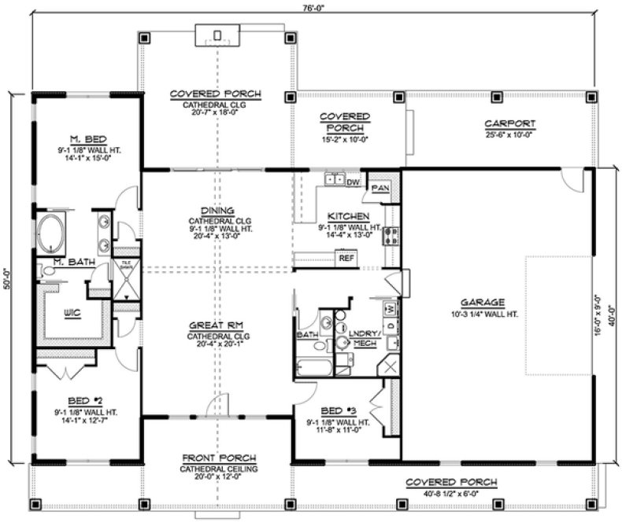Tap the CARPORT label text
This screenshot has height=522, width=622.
coord(509,123)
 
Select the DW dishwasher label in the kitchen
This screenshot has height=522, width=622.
coord(353,182)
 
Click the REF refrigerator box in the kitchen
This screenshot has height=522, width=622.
coord(345,257)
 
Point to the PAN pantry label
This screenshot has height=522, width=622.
coord(379,189)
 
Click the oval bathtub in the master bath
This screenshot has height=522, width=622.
coord(52,232)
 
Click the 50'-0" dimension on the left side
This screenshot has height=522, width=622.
coord(7,275)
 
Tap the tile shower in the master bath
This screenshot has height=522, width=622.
coord(127,279)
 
